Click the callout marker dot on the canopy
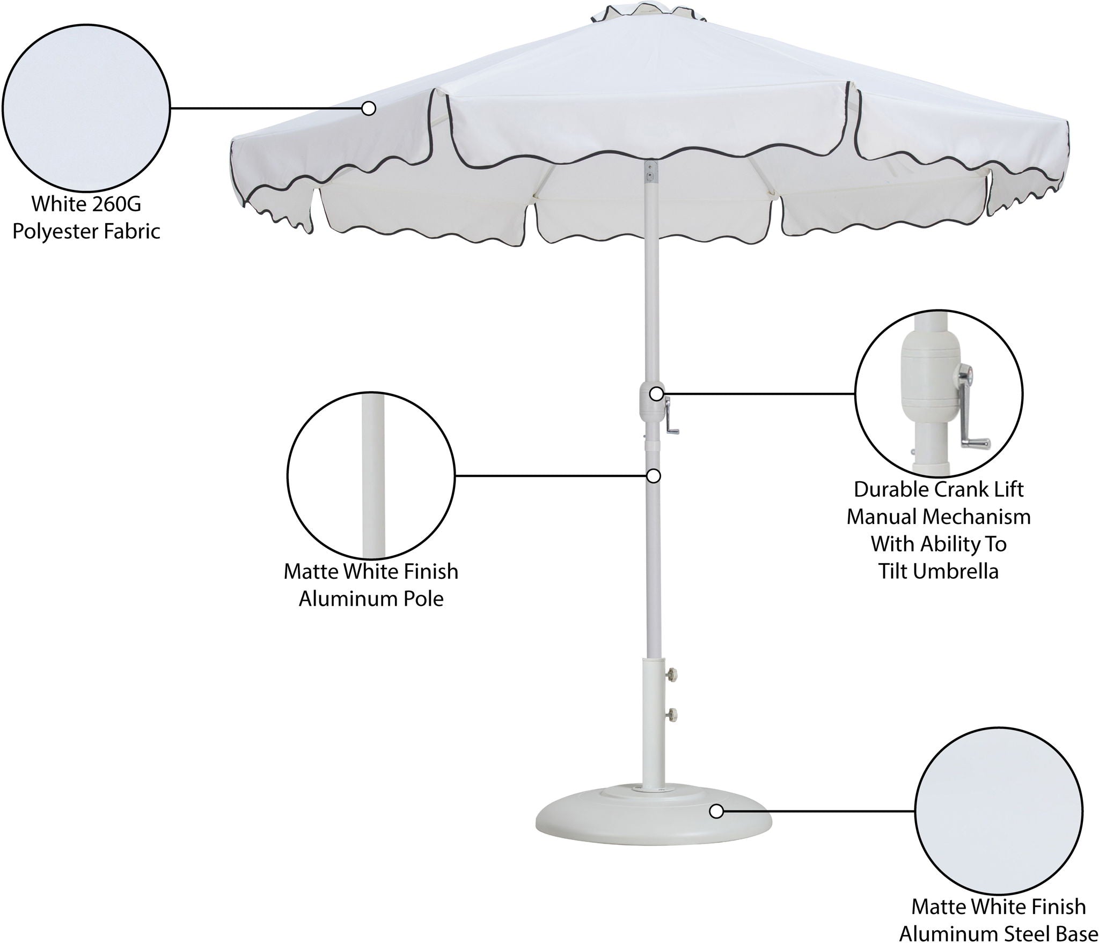pos(368,109)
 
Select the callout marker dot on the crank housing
pos(656,394)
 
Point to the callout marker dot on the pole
pos(654,476)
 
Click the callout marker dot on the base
pos(716,826)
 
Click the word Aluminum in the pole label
pos(345,599)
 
